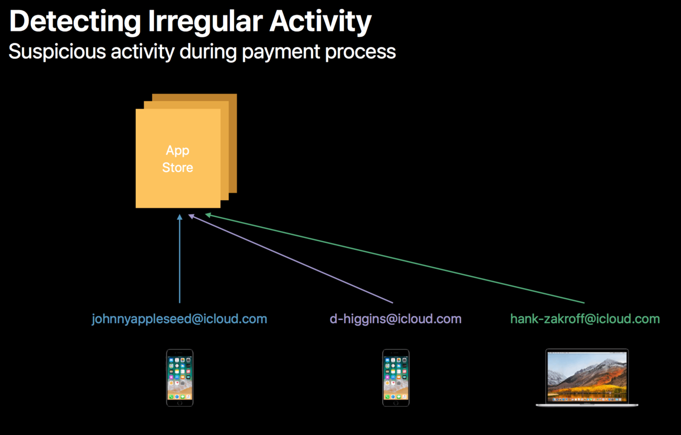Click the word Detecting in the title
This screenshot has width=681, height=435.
(x=75, y=22)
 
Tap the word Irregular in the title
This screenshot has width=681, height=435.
(x=205, y=22)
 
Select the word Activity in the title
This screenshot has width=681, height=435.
(x=320, y=22)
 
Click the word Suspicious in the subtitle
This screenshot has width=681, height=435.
(x=57, y=52)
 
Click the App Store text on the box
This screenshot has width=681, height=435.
(x=178, y=159)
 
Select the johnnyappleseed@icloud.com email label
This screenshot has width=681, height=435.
(x=179, y=319)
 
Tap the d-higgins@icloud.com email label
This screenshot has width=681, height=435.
(x=395, y=319)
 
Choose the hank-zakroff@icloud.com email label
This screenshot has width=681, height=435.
(x=585, y=319)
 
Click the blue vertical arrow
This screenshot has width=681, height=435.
(x=180, y=259)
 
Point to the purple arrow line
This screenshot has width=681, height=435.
(x=290, y=259)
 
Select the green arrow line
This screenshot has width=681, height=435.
(x=395, y=258)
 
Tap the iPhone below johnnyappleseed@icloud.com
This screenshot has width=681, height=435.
(x=180, y=378)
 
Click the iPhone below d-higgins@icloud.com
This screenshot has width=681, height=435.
(x=396, y=378)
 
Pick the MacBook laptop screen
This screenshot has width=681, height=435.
(x=587, y=376)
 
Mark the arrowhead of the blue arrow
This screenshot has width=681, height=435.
(x=180, y=217)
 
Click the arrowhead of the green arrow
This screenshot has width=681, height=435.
(x=208, y=215)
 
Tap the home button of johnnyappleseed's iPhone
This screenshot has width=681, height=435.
(x=180, y=403)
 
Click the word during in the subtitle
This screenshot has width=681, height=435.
(x=208, y=52)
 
